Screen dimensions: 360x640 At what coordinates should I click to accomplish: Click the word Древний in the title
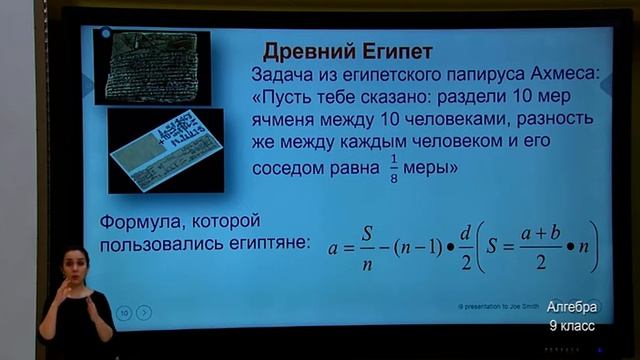coord(310,51)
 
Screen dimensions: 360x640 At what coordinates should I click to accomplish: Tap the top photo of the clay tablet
coord(158,65)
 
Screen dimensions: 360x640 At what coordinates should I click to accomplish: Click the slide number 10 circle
coord(124,313)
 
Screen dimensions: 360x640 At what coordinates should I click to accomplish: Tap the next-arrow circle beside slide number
coord(144,313)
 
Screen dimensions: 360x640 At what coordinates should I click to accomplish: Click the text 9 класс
coord(571,325)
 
